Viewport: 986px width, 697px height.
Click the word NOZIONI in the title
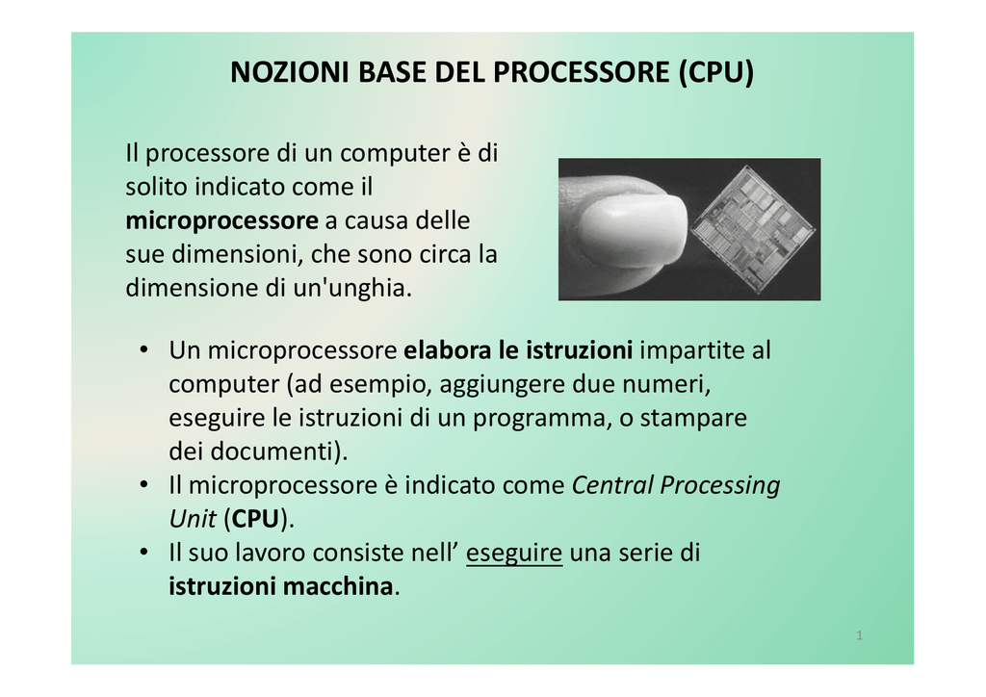(289, 72)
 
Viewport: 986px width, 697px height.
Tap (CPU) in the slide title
(716, 72)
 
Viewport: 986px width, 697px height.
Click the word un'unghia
(352, 288)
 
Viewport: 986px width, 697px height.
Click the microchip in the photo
(753, 229)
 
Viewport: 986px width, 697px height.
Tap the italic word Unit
(193, 519)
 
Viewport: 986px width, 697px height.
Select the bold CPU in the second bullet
(255, 519)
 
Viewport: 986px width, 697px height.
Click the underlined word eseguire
(514, 554)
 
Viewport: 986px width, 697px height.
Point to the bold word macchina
(338, 586)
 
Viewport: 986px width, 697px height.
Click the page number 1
(860, 635)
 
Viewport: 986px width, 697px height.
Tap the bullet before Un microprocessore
(144, 349)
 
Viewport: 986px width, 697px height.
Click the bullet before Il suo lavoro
(144, 552)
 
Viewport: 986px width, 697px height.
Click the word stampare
(693, 419)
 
